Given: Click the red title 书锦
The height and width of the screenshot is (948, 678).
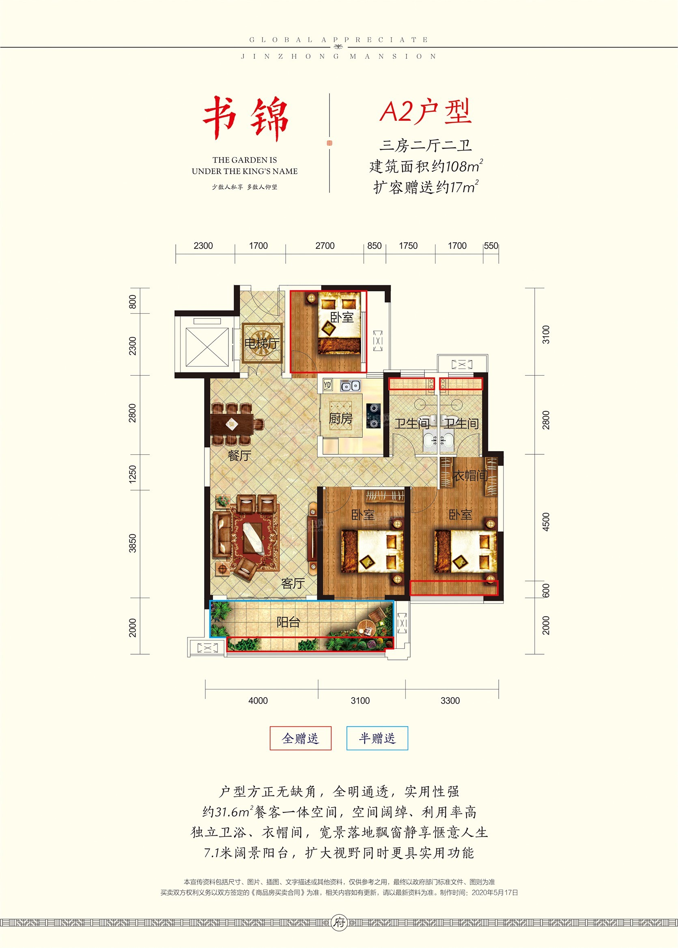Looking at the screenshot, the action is (246, 118).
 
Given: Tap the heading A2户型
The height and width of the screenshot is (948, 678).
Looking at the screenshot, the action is (425, 111).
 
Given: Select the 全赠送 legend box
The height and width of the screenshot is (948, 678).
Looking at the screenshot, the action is (300, 738).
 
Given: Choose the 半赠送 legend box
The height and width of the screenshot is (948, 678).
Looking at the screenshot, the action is (377, 738).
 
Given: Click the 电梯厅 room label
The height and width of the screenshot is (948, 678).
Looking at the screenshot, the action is (262, 343).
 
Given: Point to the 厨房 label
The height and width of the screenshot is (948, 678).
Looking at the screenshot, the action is (341, 418).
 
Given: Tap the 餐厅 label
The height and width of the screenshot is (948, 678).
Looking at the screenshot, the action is (239, 456).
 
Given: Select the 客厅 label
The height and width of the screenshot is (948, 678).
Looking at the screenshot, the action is (293, 584).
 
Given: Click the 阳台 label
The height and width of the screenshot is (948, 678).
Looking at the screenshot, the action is (288, 622).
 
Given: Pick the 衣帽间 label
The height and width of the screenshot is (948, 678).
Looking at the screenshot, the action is (471, 475).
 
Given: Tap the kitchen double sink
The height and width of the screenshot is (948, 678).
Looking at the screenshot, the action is (350, 386).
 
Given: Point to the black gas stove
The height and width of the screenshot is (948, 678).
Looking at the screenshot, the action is (374, 416).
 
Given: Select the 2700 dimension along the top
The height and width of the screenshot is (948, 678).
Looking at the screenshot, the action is (325, 246).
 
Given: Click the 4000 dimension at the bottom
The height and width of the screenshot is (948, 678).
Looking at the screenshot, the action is (258, 701).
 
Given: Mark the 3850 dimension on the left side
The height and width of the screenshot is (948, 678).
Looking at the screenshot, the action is (132, 543).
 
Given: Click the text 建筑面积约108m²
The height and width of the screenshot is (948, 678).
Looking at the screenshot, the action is (426, 166).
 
